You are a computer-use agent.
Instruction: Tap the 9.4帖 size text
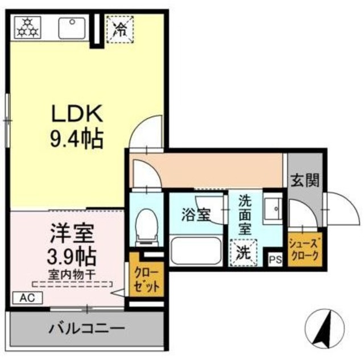77,138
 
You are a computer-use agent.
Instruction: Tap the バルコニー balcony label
86,328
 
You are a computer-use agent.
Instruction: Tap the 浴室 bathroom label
196,216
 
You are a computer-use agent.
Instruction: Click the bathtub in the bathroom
197,250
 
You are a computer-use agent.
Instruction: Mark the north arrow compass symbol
326,329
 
